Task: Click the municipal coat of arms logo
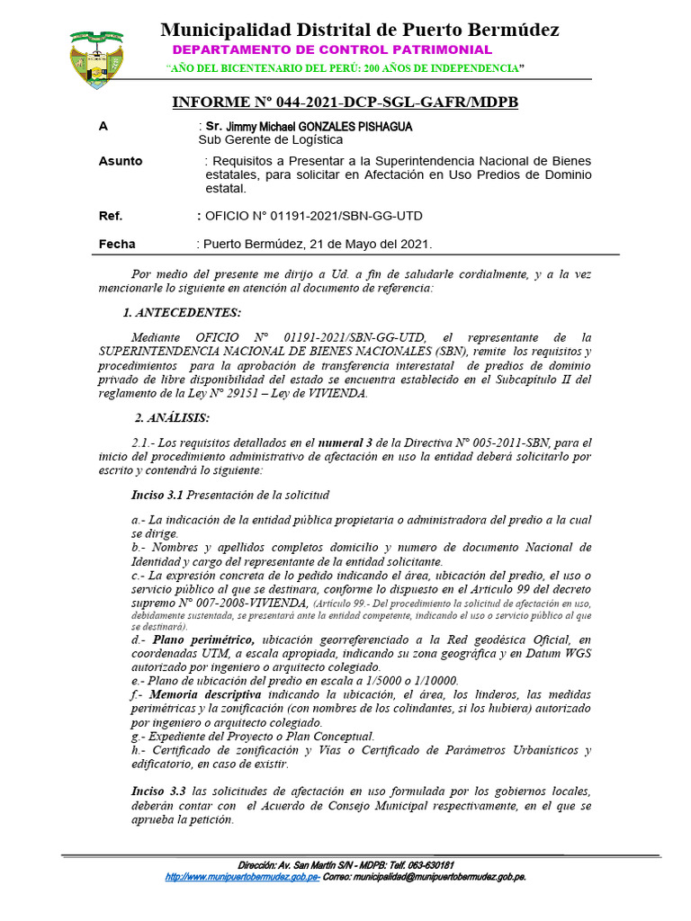(x=97, y=58)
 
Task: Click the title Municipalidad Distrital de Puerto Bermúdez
(x=360, y=30)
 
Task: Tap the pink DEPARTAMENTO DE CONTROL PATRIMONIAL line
(x=332, y=50)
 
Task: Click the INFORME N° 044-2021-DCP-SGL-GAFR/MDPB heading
(x=345, y=103)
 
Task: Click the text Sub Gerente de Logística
(x=270, y=140)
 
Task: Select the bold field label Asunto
(x=121, y=161)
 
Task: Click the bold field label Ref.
(x=111, y=216)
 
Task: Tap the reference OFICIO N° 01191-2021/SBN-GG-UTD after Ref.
(x=313, y=216)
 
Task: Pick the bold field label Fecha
(x=117, y=244)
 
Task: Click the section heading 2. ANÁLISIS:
(x=172, y=417)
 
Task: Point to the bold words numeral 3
(x=343, y=443)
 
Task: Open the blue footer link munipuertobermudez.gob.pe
(x=243, y=875)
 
